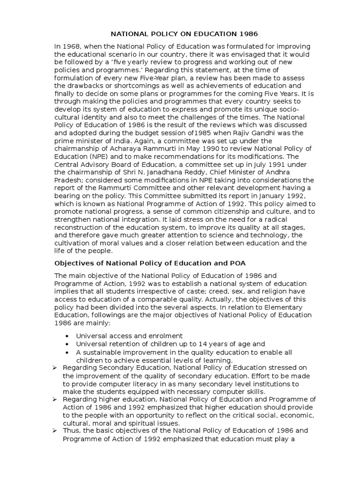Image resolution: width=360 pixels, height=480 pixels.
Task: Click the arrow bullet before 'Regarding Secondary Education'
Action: click(55, 367)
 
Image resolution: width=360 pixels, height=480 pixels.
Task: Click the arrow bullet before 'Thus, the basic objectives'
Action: click(55, 430)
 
